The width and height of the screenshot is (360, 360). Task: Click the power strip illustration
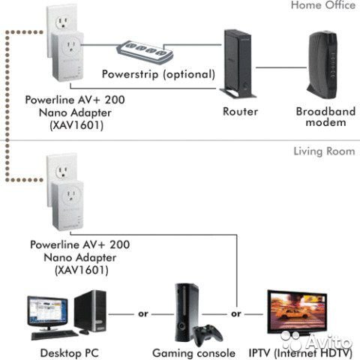(x=145, y=52)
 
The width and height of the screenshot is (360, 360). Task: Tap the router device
(x=238, y=64)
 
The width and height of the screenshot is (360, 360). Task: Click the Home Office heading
(x=323, y=5)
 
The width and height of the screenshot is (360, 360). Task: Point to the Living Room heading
(x=324, y=151)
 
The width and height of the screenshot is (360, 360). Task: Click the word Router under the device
(x=240, y=112)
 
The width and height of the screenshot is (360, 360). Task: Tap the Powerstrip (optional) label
(x=158, y=74)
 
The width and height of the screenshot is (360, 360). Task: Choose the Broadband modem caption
(x=325, y=116)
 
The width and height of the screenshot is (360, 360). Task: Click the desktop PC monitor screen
(x=47, y=310)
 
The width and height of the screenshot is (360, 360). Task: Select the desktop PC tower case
(x=90, y=310)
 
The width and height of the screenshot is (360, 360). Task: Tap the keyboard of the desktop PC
(x=54, y=334)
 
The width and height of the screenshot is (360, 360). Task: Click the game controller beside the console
(x=208, y=335)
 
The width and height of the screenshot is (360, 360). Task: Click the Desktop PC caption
(x=70, y=353)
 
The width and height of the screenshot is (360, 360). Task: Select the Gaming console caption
(x=194, y=353)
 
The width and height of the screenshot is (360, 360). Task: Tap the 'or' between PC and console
(x=143, y=313)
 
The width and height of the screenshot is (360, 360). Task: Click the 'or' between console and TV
(x=236, y=313)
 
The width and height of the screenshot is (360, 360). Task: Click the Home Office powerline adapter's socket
(x=71, y=46)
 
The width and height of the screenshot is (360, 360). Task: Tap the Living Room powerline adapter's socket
(x=71, y=195)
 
